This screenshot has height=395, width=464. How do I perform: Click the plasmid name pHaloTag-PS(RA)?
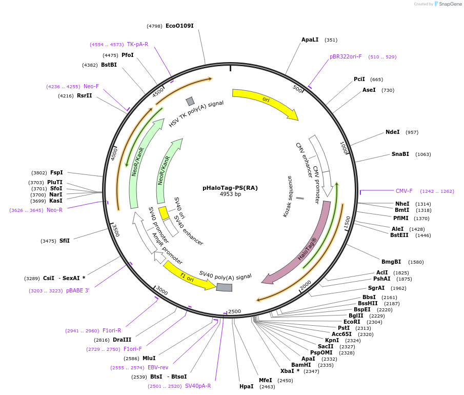[230, 188]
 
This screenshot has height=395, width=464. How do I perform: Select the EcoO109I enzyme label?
[179, 26]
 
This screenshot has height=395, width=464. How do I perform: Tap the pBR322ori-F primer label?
[346, 56]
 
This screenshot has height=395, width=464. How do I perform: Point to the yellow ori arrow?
[264, 103]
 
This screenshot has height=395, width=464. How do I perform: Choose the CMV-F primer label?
[404, 191]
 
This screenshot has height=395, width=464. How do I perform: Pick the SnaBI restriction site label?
[400, 154]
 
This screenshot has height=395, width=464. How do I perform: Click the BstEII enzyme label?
[399, 235]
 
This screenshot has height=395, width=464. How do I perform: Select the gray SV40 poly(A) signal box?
[224, 287]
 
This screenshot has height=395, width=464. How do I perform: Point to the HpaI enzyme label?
[246, 386]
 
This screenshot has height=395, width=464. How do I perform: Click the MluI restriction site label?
[149, 358]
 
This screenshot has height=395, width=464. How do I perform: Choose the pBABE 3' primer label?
[78, 290]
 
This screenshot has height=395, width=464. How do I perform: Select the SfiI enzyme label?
[65, 241]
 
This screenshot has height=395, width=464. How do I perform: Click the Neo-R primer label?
[54, 210]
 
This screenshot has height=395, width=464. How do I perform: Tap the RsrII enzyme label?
[85, 95]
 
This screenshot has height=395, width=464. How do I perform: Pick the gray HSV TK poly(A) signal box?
[190, 101]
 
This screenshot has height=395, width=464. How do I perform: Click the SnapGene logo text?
[451, 4]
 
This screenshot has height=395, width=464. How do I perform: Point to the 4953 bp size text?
[230, 194]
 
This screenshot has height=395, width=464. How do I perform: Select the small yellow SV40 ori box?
[163, 212]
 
